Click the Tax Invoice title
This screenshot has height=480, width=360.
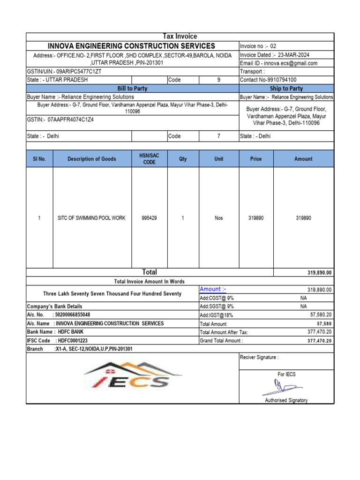click(180, 37)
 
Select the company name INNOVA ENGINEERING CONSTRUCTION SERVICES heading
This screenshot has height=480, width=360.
click(132, 46)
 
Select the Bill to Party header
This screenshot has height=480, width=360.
click(132, 89)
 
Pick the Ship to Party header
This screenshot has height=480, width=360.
click(286, 89)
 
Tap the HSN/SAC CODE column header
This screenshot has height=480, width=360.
click(149, 159)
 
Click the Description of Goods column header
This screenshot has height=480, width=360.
click(92, 159)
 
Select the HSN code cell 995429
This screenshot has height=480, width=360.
click(149, 218)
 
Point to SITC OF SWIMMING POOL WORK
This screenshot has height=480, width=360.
click(91, 218)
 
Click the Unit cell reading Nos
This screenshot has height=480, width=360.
click(219, 218)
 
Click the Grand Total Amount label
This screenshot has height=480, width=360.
click(221, 341)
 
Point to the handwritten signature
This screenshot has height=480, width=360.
click(281, 387)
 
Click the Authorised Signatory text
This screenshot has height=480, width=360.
click(286, 400)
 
